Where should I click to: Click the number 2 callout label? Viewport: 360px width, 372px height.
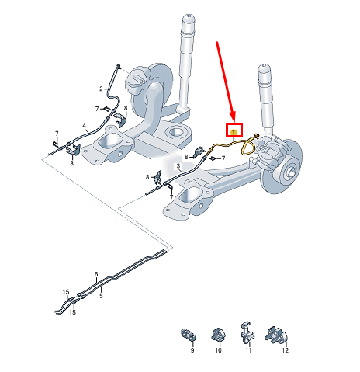pyautogui.click(x=101, y=89)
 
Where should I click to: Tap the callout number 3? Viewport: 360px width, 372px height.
pyautogui.click(x=178, y=166)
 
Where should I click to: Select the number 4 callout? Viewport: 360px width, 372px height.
pyautogui.click(x=84, y=126)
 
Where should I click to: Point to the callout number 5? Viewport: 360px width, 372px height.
pyautogui.click(x=101, y=296)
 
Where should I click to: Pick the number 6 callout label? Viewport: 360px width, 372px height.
pyautogui.click(x=96, y=274)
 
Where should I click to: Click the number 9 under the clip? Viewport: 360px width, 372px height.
pyautogui.click(x=192, y=352)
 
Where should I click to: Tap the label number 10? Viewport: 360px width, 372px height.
pyautogui.click(x=218, y=352)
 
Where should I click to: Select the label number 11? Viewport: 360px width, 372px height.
pyautogui.click(x=249, y=352)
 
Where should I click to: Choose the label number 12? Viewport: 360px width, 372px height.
pyautogui.click(x=284, y=352)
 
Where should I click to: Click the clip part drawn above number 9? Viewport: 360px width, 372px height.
pyautogui.click(x=189, y=335)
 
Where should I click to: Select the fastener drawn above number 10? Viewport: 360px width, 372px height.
pyautogui.click(x=217, y=335)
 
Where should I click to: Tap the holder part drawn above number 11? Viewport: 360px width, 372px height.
pyautogui.click(x=247, y=331)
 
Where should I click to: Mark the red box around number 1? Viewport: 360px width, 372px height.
pyautogui.click(x=234, y=132)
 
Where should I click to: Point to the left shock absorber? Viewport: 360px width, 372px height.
pyautogui.click(x=186, y=62)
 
